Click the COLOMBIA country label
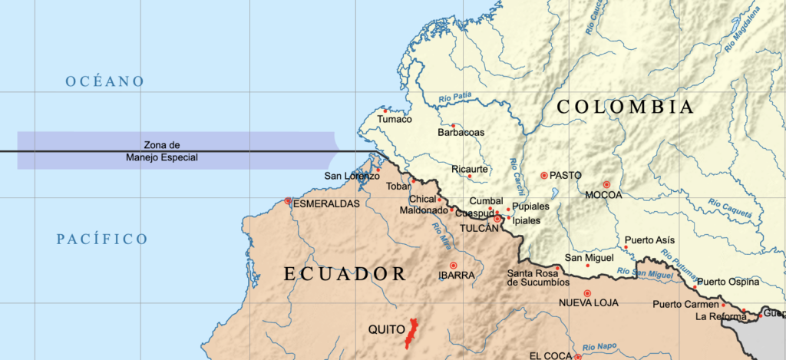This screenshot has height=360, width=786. (625, 107)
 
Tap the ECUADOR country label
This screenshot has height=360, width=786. (345, 274)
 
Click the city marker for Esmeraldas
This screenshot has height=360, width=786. (288, 201)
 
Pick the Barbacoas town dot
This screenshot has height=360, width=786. (453, 126)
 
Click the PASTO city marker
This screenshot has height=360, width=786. (544, 175)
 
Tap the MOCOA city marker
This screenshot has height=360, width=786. (606, 184)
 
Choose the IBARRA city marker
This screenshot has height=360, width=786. (453, 265)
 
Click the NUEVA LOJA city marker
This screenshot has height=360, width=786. (587, 293)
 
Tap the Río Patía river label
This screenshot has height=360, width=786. (454, 97)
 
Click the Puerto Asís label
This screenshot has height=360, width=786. (650, 240)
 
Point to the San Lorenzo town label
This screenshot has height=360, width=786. (352, 176)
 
